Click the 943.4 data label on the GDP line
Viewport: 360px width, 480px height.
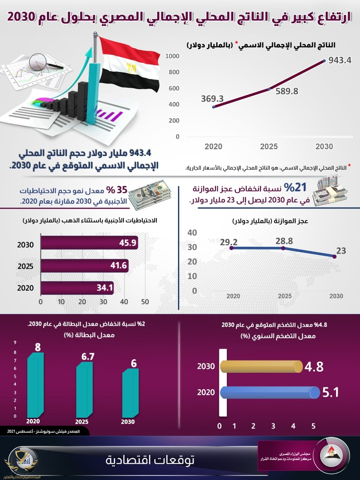point(340,60)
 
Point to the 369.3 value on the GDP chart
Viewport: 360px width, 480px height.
point(212,99)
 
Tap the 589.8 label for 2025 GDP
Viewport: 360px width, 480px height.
point(287,91)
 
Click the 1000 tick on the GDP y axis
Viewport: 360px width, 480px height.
point(172,56)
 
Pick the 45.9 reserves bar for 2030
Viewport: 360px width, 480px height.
point(89,243)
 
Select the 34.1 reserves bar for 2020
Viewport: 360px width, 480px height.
point(77,288)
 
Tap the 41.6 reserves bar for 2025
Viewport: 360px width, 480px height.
point(85,266)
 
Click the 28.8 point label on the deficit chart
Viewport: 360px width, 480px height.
point(284,241)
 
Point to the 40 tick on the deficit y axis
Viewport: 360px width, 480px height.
point(192,232)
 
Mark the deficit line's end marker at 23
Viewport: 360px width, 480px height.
point(334,256)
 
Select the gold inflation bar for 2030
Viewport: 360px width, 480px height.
point(261,366)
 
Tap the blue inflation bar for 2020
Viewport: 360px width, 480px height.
point(269,393)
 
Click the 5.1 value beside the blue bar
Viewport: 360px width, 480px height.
point(330,393)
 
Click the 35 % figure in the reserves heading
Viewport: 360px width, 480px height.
point(117,190)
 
